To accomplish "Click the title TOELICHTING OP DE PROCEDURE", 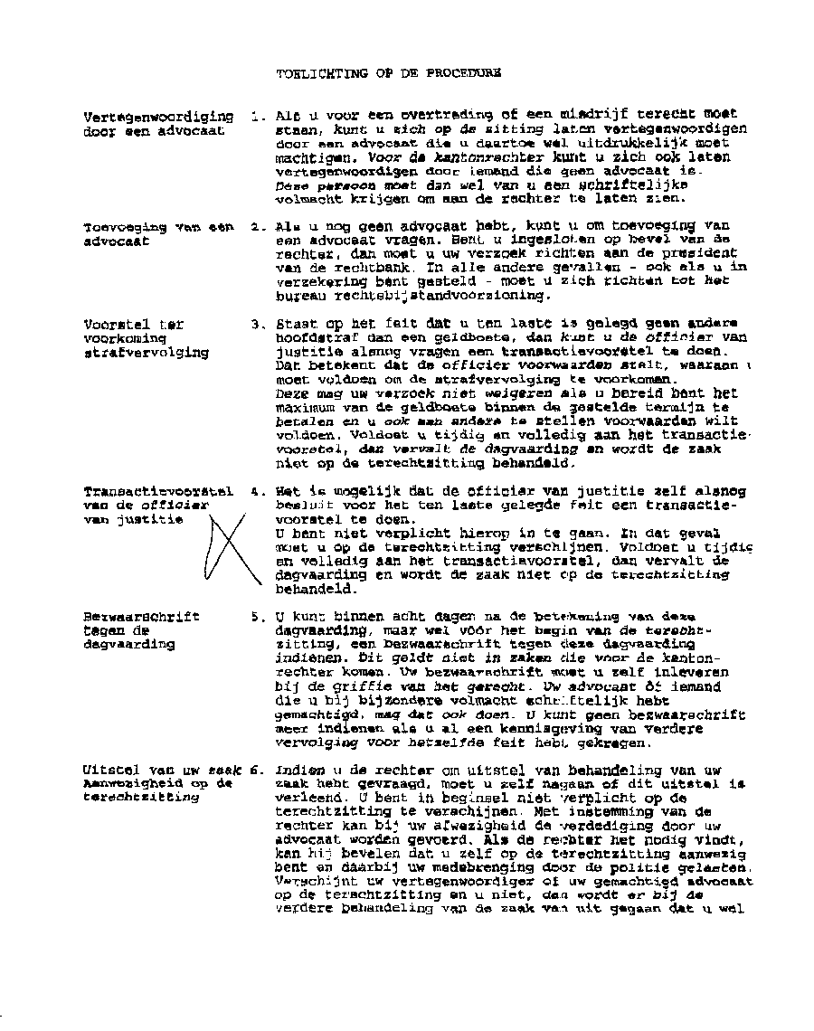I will pyautogui.click(x=388, y=74).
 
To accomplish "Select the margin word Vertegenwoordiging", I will pyautogui.click(x=157, y=117).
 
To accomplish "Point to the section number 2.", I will pyautogui.click(x=257, y=226).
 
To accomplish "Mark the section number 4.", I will pyautogui.click(x=258, y=492).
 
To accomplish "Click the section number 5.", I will pyautogui.click(x=258, y=617).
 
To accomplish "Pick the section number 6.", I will pyautogui.click(x=258, y=770).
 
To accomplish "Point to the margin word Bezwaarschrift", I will pyautogui.click(x=141, y=617).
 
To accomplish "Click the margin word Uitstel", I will pyautogui.click(x=110, y=770).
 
